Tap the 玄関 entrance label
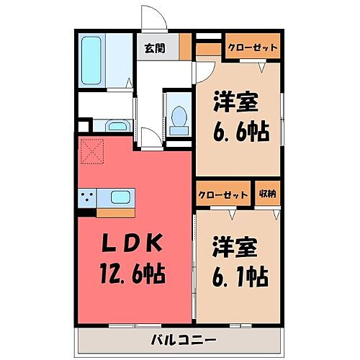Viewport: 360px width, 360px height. click(153, 49)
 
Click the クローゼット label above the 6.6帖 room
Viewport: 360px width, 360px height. click(252, 48)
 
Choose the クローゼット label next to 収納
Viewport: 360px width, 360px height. click(223, 194)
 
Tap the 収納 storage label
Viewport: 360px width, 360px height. click(267, 194)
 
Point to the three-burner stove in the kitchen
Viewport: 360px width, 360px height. click(89, 197)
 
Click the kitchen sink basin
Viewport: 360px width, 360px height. click(120, 197)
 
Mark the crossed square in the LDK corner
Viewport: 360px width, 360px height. click(90, 152)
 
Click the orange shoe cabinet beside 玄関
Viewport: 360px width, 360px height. click(186, 49)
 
